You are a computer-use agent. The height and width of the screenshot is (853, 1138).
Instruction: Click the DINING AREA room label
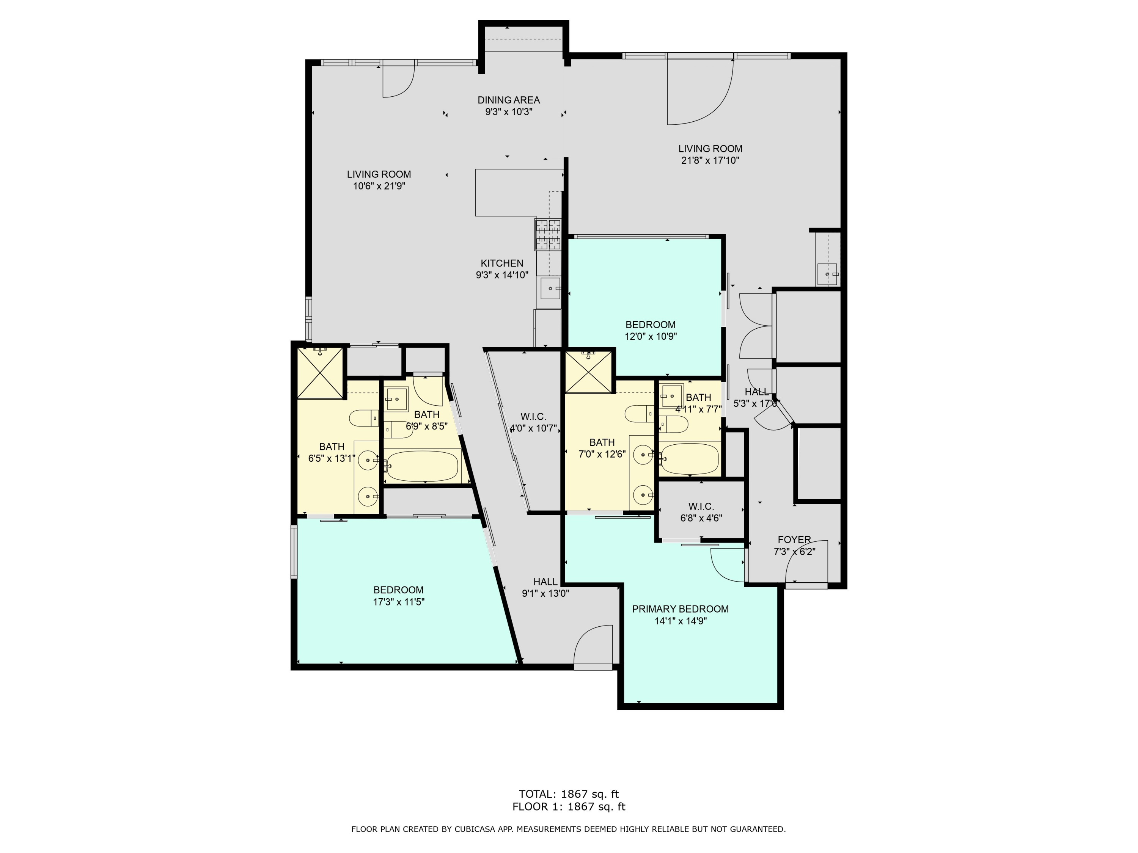(508, 100)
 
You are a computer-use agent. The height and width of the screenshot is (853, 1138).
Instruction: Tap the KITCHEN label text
(501, 263)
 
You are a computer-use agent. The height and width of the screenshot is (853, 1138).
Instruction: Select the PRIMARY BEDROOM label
(680, 609)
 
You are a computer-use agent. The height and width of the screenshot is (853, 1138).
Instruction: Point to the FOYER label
(794, 540)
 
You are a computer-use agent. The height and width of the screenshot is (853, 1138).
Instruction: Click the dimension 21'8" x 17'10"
(710, 160)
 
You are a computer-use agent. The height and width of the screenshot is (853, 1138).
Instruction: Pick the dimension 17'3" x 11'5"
(398, 602)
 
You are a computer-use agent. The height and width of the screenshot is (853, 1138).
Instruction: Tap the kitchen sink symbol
(550, 289)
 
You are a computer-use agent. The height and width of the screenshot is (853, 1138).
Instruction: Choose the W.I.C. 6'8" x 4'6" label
(701, 512)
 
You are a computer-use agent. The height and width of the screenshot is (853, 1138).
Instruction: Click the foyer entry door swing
(805, 563)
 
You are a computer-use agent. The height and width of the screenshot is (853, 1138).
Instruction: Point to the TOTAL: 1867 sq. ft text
(569, 794)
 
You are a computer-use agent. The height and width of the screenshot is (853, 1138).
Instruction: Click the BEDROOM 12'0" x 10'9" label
(650, 331)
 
